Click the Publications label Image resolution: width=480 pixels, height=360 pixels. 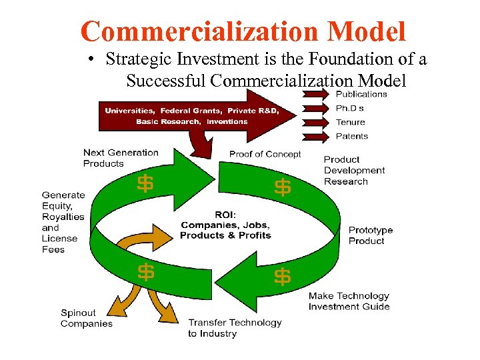(361, 94)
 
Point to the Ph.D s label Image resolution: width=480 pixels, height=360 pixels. (350, 108)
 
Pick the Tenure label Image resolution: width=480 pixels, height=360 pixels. (350, 122)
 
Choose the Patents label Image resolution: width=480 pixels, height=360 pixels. (351, 136)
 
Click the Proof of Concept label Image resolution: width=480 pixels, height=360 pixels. (265, 154)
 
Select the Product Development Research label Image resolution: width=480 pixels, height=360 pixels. (354, 171)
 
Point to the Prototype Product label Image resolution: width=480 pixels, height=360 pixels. (371, 235)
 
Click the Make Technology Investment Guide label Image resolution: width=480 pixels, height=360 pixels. (349, 301)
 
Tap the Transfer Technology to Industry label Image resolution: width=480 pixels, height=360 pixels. (235, 328)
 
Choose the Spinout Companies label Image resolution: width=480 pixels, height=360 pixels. (87, 319)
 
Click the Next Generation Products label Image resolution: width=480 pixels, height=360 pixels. (121, 158)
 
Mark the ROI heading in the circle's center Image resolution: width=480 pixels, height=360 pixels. (225, 215)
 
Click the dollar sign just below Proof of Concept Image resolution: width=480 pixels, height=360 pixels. (283, 188)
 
